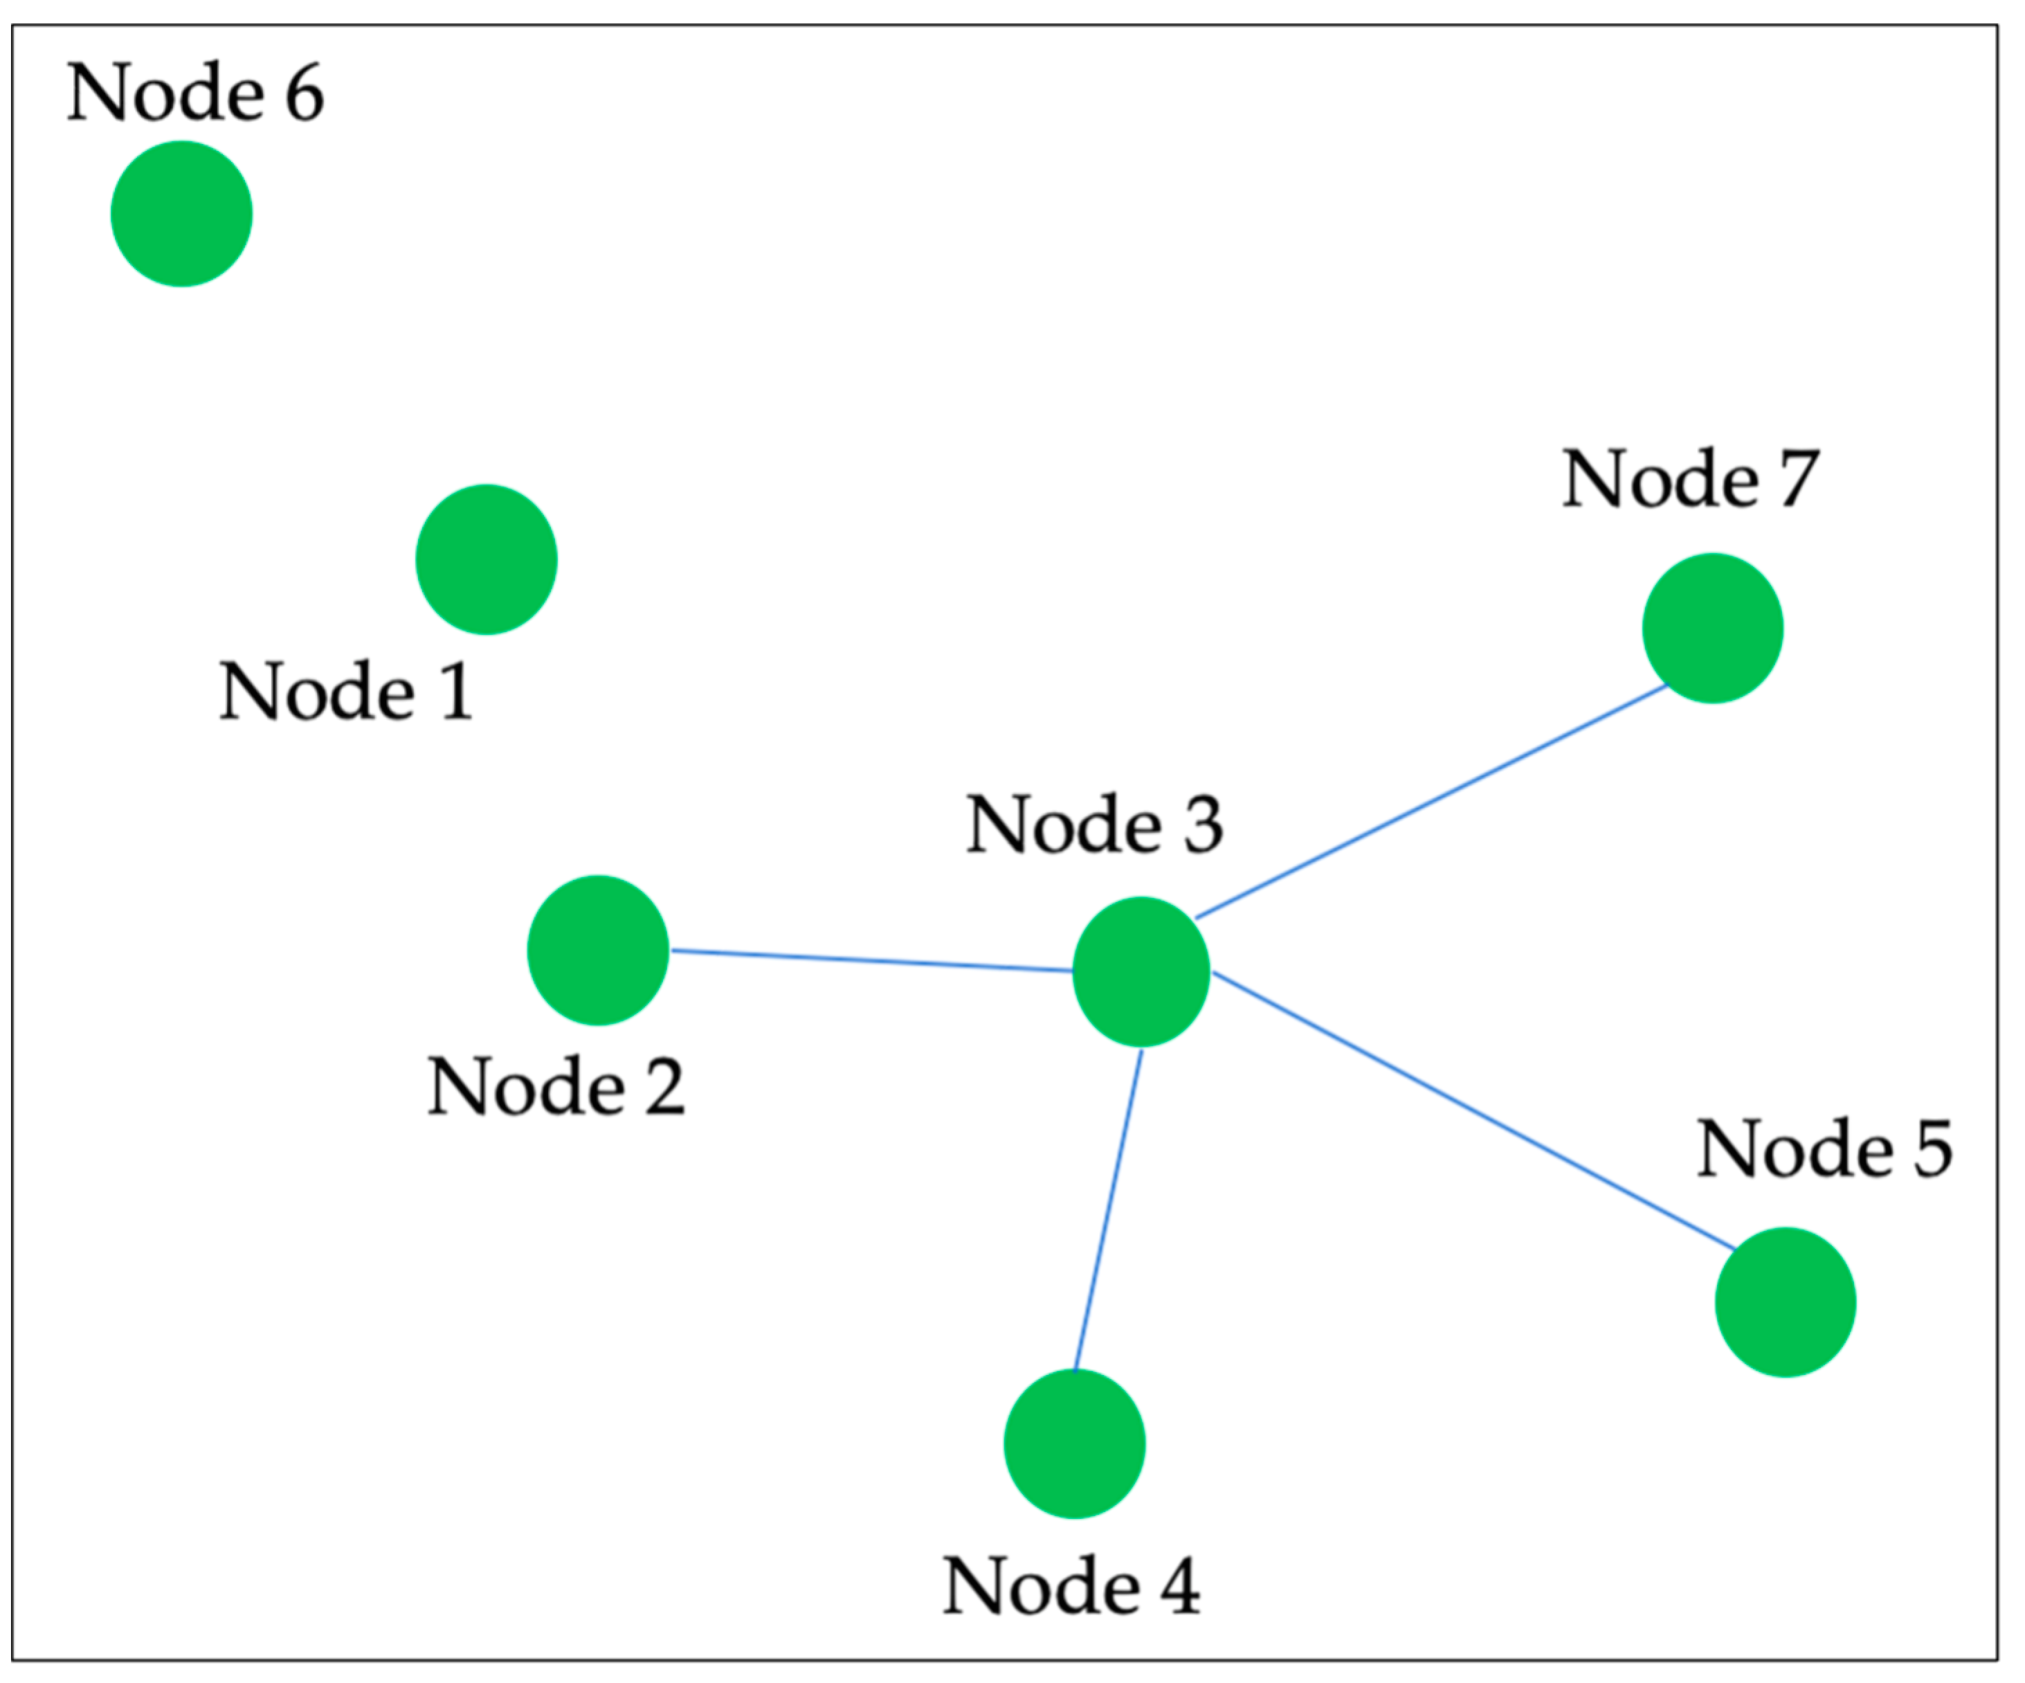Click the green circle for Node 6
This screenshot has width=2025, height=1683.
[181, 214]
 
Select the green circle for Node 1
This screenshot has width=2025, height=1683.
[486, 559]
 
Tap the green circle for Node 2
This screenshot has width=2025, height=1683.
[598, 950]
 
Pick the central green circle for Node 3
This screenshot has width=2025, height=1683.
[1141, 971]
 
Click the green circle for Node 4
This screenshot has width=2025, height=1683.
[1074, 1444]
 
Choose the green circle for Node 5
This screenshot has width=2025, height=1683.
[1785, 1302]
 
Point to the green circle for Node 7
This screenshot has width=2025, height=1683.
[1713, 629]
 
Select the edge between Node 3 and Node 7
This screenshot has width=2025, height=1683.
[1432, 802]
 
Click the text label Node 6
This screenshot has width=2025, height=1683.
[194, 93]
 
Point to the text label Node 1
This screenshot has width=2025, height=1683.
[346, 692]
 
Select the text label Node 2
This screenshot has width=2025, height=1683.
[556, 1087]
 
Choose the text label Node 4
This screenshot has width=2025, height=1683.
[1071, 1585]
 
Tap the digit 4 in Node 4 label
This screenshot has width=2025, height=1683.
[1180, 1585]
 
